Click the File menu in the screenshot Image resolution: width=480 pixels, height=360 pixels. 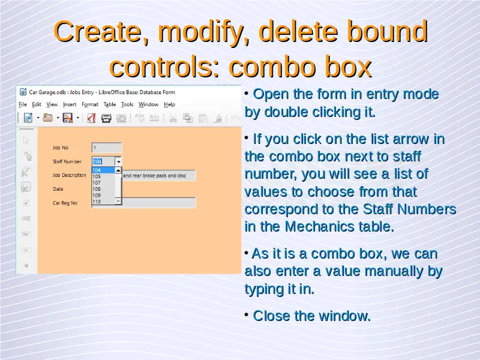tap(23, 104)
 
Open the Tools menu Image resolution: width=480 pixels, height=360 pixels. tap(127, 104)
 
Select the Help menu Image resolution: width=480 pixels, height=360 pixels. tap(169, 104)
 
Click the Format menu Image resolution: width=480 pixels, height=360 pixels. tap(90, 104)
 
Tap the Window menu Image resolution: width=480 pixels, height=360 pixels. tap(148, 104)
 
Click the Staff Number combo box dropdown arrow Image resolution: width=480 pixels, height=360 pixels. tap(118, 161)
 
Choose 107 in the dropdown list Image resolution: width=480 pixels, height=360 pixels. tap(97, 183)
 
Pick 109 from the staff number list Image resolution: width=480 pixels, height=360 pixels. tap(97, 196)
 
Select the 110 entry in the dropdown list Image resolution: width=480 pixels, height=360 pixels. tap(97, 202)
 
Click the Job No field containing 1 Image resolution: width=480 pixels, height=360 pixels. tap(107, 148)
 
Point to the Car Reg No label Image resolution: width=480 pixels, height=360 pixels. tap(65, 203)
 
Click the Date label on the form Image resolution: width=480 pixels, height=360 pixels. tap(58, 189)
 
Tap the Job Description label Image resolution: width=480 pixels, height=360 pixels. tap(70, 175)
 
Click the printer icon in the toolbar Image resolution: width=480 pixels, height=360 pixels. tap(106, 118)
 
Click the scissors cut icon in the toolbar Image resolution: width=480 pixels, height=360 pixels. tap(173, 118)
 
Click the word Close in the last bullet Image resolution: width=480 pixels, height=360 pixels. tap(272, 316)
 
